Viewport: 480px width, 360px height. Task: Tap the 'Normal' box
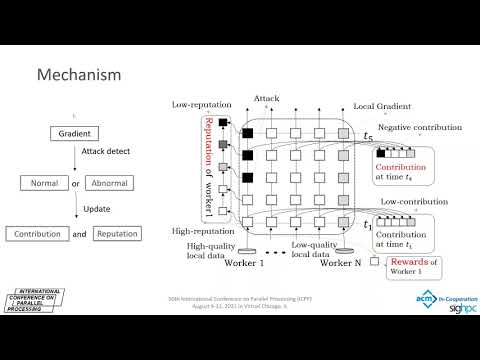click(x=43, y=183)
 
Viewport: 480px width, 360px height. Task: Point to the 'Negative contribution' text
click(x=417, y=127)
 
